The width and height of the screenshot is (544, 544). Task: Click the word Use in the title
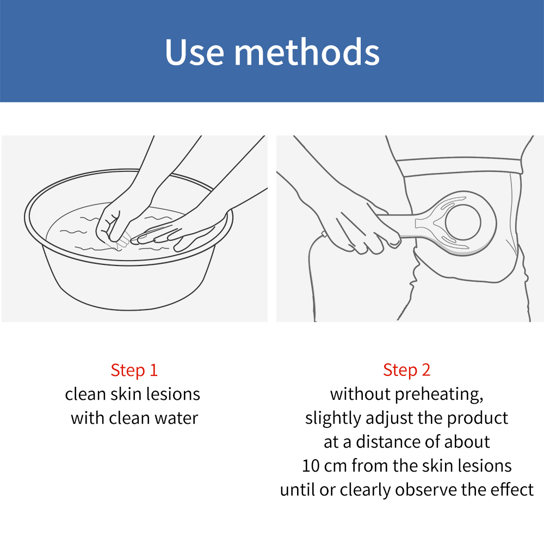[195, 52]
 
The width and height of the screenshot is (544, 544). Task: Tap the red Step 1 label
[134, 370]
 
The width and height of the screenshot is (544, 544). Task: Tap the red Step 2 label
[406, 370]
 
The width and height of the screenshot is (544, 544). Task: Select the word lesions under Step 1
[173, 394]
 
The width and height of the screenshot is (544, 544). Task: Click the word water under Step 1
[176, 418]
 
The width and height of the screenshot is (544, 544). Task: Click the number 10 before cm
[311, 466]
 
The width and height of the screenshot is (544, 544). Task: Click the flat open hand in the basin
[181, 232]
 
